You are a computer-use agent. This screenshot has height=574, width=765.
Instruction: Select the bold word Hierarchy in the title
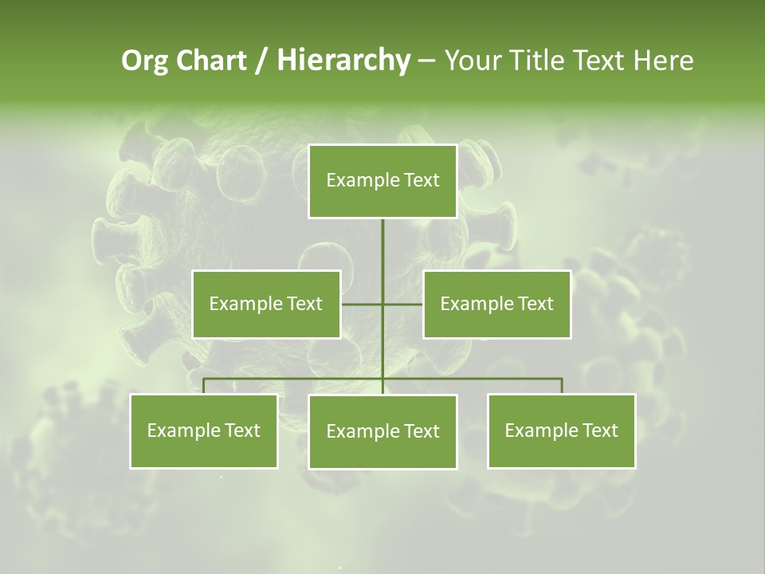[343, 61]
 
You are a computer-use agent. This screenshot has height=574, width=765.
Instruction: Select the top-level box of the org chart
[382, 181]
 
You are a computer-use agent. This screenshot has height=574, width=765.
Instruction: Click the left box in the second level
[266, 304]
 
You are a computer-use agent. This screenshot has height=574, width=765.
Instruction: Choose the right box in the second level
[496, 304]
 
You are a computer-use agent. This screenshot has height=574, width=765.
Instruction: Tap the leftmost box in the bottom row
[204, 431]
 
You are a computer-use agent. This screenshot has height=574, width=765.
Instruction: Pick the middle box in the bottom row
[382, 431]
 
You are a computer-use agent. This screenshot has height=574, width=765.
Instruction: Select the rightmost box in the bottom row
[561, 431]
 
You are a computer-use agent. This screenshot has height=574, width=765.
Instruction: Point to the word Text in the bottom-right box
[599, 431]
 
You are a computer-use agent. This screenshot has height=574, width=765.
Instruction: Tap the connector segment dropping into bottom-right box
[561, 386]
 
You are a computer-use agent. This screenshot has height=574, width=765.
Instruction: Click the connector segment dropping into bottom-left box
[204, 386]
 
